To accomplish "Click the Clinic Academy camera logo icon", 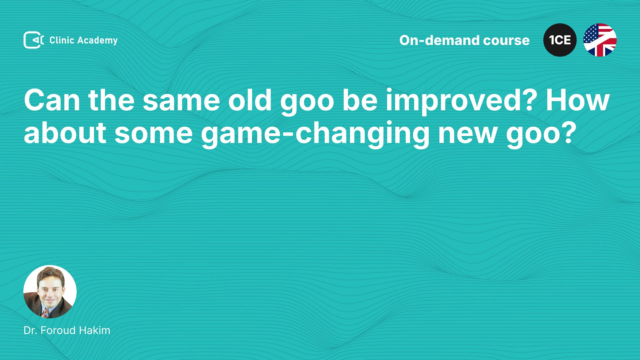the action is pyautogui.click(x=34, y=40).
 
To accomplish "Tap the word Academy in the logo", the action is pyautogui.click(x=98, y=41).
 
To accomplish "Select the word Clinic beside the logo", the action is pyautogui.click(x=62, y=40).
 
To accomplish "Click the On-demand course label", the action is pyautogui.click(x=464, y=40).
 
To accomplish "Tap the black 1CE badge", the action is pyautogui.click(x=560, y=40).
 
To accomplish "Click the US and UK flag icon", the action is pyautogui.click(x=600, y=40).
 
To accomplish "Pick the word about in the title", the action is pyautogui.click(x=65, y=133).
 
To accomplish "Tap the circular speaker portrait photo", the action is pyautogui.click(x=50, y=292).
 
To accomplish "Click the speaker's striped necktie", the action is pyautogui.click(x=46, y=313).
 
